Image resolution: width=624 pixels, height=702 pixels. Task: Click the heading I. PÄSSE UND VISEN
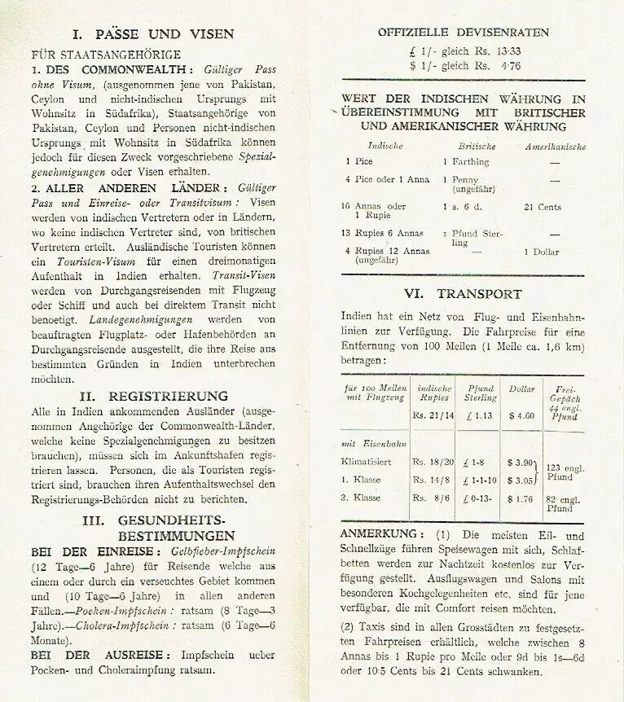coord(152,34)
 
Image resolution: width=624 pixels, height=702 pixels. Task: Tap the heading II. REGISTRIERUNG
coord(153,396)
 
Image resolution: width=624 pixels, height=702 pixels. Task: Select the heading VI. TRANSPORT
coord(464,294)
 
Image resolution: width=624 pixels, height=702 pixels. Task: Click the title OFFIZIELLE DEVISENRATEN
coord(463,33)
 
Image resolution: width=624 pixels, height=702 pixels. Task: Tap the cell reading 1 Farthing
coord(466,162)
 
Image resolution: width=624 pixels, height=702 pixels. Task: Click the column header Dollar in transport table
coord(521,389)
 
